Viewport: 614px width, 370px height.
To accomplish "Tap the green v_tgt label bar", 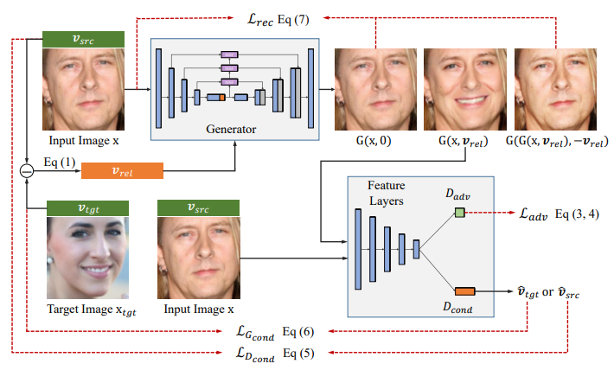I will pyautogui.click(x=86, y=207).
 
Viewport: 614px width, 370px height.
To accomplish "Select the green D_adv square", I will pyautogui.click(x=459, y=213).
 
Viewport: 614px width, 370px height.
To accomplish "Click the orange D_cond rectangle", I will pyautogui.click(x=464, y=290).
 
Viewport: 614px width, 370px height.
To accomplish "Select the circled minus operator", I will pyautogui.click(x=27, y=172).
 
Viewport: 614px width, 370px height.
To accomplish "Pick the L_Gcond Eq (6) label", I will pyautogui.click(x=270, y=332).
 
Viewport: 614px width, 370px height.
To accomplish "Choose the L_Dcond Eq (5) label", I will pyautogui.click(x=270, y=354).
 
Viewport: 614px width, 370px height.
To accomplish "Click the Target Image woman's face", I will pyautogui.click(x=86, y=257).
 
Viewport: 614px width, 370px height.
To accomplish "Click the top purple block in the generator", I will pyautogui.click(x=229, y=54).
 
